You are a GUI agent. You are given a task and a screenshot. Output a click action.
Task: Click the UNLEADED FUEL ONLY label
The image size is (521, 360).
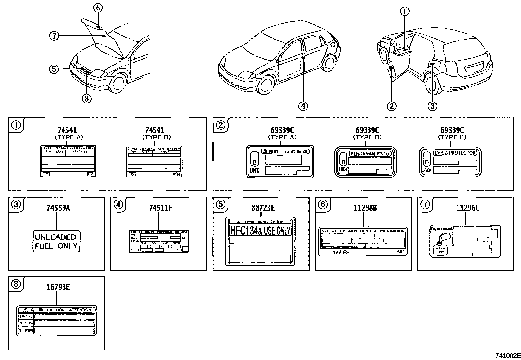tap(56, 241)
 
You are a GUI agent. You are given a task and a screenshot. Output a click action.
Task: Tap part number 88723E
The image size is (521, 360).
tap(263, 208)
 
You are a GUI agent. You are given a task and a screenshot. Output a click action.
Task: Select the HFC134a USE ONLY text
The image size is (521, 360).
tap(260, 230)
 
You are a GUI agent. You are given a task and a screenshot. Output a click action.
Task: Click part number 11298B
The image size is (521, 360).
tap(365, 208)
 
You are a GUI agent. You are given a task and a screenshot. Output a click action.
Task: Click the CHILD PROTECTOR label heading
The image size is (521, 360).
tap(455, 153)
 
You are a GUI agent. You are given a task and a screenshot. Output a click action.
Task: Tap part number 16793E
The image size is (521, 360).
tap(58, 287)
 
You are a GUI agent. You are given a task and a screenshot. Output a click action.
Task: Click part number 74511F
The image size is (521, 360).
tap(160, 208)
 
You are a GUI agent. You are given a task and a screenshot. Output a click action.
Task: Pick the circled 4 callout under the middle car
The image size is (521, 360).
tap(303, 106)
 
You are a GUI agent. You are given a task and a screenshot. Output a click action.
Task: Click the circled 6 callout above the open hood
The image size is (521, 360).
tap(98, 8)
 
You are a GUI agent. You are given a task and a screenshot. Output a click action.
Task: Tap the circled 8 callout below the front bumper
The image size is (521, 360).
tap(86, 98)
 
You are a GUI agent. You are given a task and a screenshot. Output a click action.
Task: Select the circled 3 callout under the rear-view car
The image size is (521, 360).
tap(432, 106)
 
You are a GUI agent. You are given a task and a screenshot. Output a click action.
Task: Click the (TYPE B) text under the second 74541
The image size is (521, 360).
tap(156, 137)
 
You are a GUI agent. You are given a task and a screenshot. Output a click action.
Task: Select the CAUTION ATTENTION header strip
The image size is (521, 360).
tap(56, 310)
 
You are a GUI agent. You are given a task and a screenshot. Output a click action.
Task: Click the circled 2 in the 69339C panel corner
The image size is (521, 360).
tap(221, 125)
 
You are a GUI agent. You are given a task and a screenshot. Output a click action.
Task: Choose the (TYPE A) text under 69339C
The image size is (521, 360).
tap(282, 137)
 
